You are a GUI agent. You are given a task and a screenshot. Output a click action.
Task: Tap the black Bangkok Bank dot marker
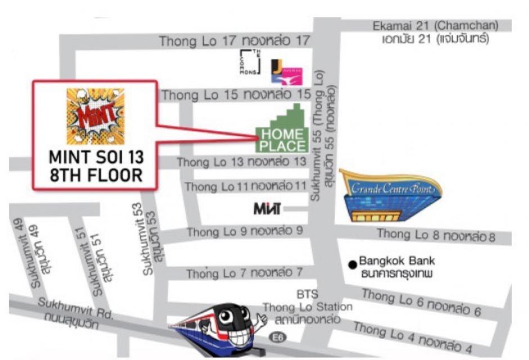pos(352,263)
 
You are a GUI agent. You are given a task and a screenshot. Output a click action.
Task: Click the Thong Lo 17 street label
pos(234,40)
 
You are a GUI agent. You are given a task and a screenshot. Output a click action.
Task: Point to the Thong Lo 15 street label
pos(236,95)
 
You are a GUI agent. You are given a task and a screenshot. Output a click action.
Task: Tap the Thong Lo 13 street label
pos(242,161)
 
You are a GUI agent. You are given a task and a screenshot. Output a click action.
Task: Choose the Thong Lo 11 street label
pos(246,186)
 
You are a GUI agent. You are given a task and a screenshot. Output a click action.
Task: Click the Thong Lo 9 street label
pos(245,231)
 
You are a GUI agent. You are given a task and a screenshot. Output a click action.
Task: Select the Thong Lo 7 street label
pos(245,273)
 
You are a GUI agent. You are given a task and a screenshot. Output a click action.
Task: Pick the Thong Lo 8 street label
pos(436,235)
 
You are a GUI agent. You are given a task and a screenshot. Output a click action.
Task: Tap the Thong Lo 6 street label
pos(421,302)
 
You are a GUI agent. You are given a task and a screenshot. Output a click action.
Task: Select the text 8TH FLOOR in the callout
pos(96,175)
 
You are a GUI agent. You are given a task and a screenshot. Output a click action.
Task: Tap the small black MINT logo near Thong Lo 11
pos(267,209)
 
